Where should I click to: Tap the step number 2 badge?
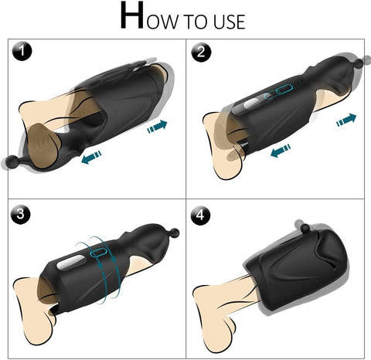pos(202,53)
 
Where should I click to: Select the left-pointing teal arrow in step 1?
pos(90,158)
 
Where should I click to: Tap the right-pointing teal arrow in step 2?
pos(346,119)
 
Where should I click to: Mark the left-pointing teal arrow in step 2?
pos(280,152)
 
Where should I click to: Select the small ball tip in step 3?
pos(175,233)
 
